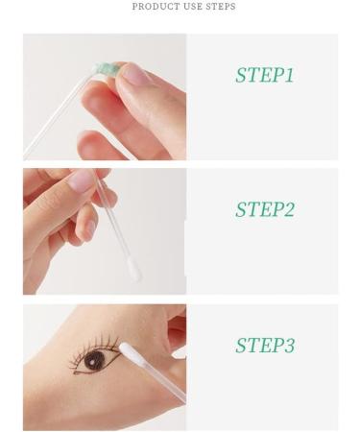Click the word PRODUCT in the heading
(x=153, y=8)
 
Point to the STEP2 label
(x=265, y=209)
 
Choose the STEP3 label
(x=265, y=346)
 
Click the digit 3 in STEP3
(x=289, y=346)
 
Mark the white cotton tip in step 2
(x=133, y=274)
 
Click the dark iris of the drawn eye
(x=94, y=362)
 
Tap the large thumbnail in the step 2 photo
(x=80, y=181)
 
